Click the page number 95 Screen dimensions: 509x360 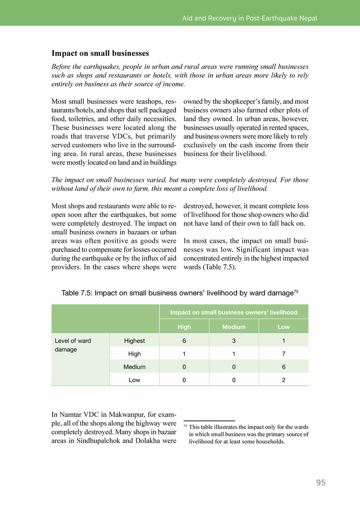coord(320,482)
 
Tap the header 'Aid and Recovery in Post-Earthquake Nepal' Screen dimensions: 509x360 coord(249,18)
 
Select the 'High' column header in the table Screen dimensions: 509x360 coord(184,327)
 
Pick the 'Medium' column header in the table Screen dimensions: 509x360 coord(234,327)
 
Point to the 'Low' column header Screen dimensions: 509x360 coord(283,327)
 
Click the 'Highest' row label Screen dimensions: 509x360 coord(135,340)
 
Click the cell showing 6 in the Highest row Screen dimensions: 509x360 coord(184,340)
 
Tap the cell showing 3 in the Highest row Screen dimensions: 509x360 coord(234,340)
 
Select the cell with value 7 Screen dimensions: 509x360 coord(283,353)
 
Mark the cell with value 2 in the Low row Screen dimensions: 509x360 coord(283,379)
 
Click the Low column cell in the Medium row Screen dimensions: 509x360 coord(283,366)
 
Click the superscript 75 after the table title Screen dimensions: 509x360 coord(296,291)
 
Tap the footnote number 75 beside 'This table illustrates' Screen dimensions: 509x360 coord(185,425)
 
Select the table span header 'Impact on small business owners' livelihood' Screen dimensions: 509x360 coord(234,312)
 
